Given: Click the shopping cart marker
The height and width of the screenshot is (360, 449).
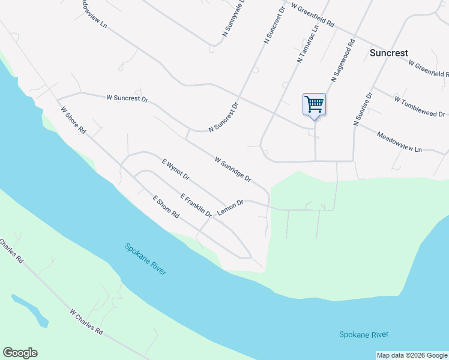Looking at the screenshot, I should (314, 105).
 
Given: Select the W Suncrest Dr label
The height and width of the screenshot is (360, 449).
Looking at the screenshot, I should (127, 97).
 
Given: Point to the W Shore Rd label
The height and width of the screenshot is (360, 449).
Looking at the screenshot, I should (74, 120).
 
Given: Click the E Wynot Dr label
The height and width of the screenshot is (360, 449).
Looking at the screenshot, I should (176, 169).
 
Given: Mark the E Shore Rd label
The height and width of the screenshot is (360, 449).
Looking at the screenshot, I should (166, 206).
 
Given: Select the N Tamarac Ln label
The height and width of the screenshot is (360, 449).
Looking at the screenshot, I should (307, 44).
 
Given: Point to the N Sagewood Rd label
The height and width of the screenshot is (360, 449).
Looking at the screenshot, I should (344, 61).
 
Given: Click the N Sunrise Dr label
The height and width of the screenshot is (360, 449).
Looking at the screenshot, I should (363, 109).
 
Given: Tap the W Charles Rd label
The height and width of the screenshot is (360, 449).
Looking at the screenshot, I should (86, 322).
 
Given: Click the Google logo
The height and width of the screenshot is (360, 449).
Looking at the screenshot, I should (20, 353).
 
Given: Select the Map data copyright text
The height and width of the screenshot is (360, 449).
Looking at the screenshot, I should (412, 356).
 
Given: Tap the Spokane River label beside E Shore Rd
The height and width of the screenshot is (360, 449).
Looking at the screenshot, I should (145, 258).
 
